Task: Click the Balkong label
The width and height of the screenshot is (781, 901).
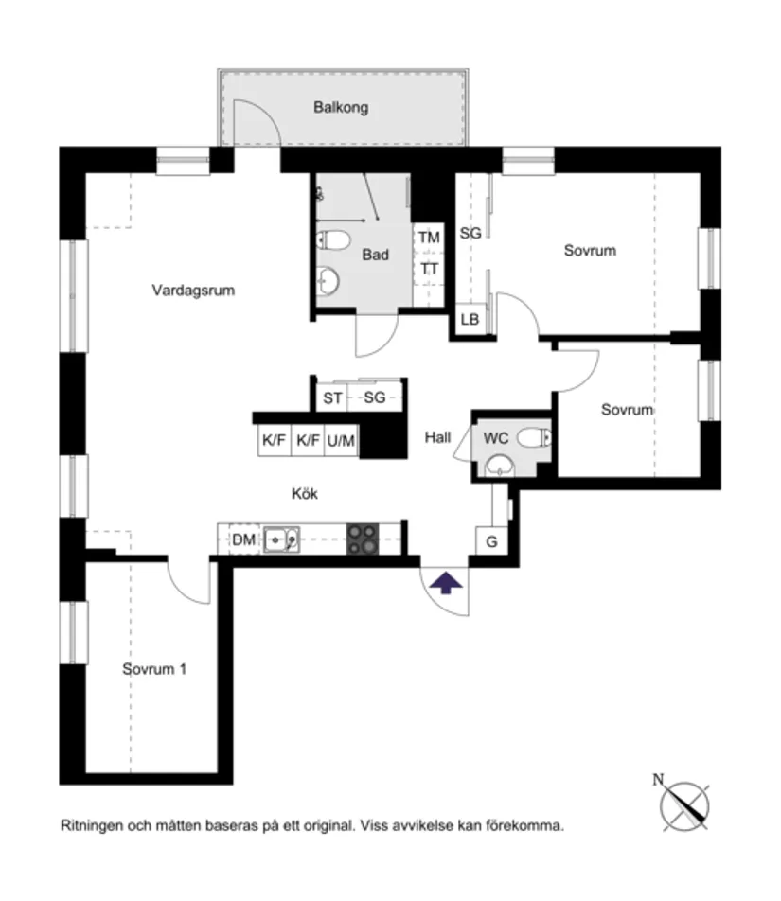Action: click(x=341, y=108)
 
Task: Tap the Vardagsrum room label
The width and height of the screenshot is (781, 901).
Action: click(x=193, y=291)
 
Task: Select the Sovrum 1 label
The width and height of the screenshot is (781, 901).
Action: click(x=153, y=669)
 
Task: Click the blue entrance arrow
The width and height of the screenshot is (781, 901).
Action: click(x=446, y=582)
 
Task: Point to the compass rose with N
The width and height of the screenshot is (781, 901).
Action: click(x=683, y=803)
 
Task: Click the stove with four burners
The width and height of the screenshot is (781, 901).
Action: click(x=361, y=539)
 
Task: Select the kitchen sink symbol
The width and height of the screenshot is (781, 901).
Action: click(x=281, y=539)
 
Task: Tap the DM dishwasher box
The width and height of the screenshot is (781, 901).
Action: click(x=243, y=540)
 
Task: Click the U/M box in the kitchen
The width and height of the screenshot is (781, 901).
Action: click(x=341, y=441)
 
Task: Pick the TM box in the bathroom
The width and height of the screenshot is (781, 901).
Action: click(x=429, y=238)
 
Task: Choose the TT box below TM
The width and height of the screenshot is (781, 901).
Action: click(x=430, y=269)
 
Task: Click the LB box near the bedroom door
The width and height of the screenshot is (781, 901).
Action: click(x=470, y=320)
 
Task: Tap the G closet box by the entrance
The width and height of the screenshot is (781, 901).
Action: click(x=491, y=542)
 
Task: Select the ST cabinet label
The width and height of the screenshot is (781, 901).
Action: click(x=332, y=398)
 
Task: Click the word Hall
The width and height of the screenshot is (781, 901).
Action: click(x=437, y=437)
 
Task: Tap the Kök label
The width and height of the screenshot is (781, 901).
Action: click(x=304, y=493)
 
